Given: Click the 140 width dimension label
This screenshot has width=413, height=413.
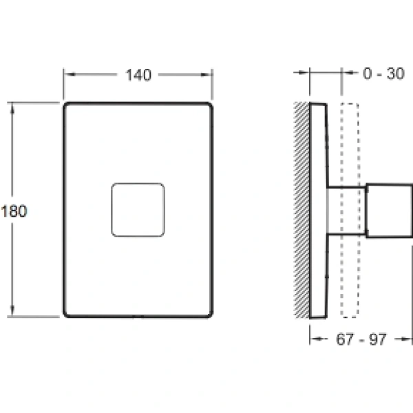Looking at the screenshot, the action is point(138,75).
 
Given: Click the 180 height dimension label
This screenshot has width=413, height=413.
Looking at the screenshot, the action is point(14,211).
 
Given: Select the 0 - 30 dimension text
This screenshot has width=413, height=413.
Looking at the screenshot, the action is point(383,74).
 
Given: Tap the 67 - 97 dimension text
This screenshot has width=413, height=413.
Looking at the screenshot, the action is point(361,339).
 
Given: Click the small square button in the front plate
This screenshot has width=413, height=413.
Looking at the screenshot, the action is point(138,210).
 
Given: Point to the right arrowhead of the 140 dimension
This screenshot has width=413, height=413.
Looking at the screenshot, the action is point(206,74).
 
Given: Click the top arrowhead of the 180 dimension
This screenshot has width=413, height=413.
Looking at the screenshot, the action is point(12,109).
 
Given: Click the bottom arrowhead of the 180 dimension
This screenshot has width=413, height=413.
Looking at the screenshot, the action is point(12,310).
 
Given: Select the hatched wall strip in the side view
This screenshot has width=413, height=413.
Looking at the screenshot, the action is point(301,210).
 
